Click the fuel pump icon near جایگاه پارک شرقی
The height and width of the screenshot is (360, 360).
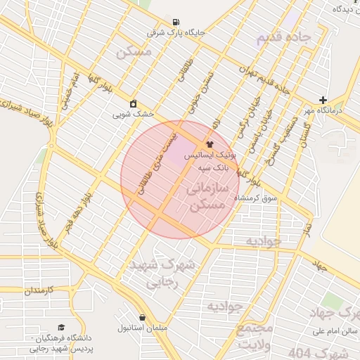175,21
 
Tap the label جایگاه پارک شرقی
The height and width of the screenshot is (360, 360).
175,32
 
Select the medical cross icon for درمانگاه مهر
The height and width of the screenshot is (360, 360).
323,101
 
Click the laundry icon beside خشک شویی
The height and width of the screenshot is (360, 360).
133,103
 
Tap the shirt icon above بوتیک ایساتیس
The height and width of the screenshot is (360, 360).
209,143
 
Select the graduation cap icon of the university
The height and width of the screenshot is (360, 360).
61,328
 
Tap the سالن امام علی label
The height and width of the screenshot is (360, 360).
336,330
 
